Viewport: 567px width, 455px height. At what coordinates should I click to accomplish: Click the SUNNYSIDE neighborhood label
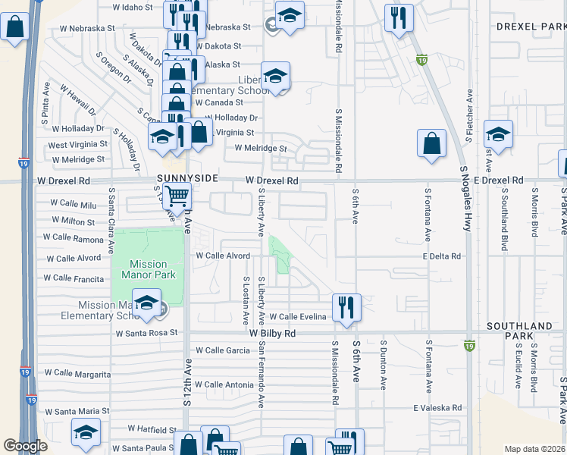(187, 178)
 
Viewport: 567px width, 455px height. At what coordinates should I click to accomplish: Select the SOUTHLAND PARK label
(519, 331)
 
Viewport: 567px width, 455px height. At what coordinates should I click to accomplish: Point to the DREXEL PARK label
(527, 27)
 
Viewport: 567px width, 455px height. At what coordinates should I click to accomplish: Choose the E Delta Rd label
(442, 256)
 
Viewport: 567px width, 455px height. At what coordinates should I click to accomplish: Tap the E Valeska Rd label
(437, 407)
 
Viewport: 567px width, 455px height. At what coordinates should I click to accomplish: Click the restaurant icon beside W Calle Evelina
(346, 307)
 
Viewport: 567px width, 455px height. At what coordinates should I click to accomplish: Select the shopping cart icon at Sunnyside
(176, 196)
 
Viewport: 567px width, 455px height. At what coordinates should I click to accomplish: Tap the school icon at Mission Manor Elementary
(146, 303)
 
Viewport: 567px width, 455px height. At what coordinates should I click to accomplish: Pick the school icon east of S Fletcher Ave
(498, 135)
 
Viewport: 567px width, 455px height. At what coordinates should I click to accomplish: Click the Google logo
(25, 446)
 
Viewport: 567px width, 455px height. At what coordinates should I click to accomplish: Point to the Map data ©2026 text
(535, 449)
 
